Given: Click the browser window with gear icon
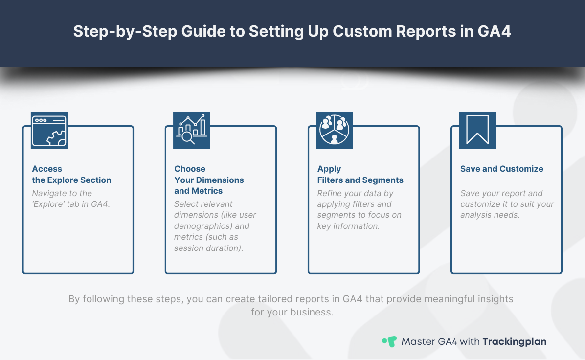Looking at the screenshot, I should coord(49,130).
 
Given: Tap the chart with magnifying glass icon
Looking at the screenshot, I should coord(192,130).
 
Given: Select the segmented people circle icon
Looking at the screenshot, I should coord(335,130).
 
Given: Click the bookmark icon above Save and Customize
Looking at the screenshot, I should coord(477,130).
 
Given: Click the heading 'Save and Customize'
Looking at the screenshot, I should coord(501,169).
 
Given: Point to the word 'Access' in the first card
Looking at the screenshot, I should coord(47,169).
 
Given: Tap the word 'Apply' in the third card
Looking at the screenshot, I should coord(329,169).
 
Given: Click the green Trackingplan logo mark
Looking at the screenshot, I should coord(389,341).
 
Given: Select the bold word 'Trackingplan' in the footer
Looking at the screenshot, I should coord(514,341).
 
